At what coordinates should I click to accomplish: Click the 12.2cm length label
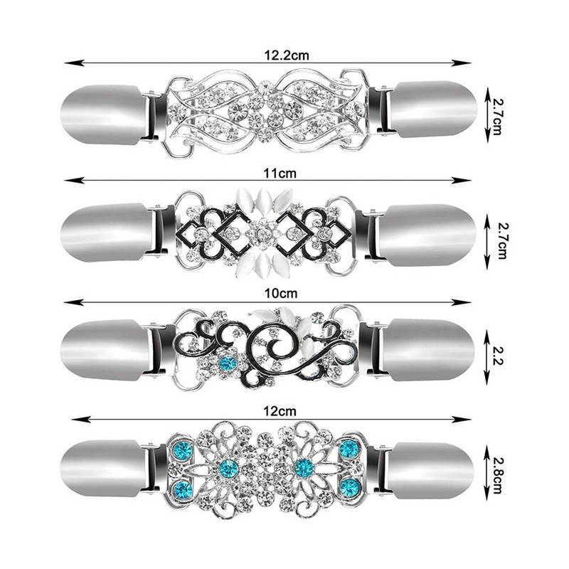click(x=287, y=55)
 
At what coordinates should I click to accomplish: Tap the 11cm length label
click(x=280, y=174)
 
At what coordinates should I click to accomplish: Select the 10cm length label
click(x=280, y=293)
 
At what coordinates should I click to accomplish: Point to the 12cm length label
click(x=280, y=412)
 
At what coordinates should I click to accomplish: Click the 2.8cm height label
click(x=496, y=474)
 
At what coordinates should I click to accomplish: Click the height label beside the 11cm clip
click(x=502, y=241)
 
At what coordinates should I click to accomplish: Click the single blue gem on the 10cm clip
click(x=228, y=362)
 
